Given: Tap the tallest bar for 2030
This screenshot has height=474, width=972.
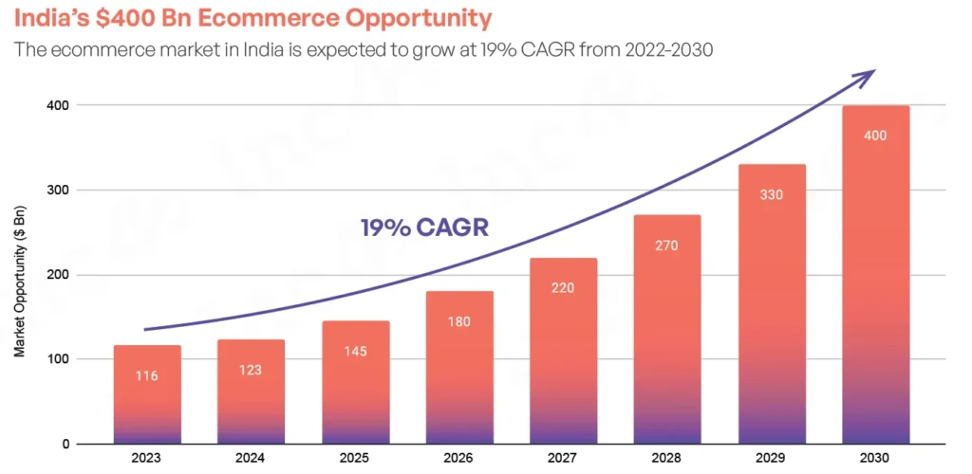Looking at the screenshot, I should (876, 275).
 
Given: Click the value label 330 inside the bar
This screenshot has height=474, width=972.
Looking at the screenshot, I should (772, 194).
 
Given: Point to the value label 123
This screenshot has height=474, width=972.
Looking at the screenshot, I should (252, 370).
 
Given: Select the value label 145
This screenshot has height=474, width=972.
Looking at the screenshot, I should (356, 351).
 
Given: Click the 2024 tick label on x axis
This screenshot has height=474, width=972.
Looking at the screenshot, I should (252, 458).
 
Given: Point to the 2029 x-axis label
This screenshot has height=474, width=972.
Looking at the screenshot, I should (772, 458).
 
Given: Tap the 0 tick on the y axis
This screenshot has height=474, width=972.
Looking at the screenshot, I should (65, 444).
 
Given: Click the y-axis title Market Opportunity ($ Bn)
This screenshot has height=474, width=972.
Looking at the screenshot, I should (19, 275).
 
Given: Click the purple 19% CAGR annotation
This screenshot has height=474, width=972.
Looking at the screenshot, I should (424, 228).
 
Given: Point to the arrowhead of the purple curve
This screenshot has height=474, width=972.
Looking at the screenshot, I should (868, 76).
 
